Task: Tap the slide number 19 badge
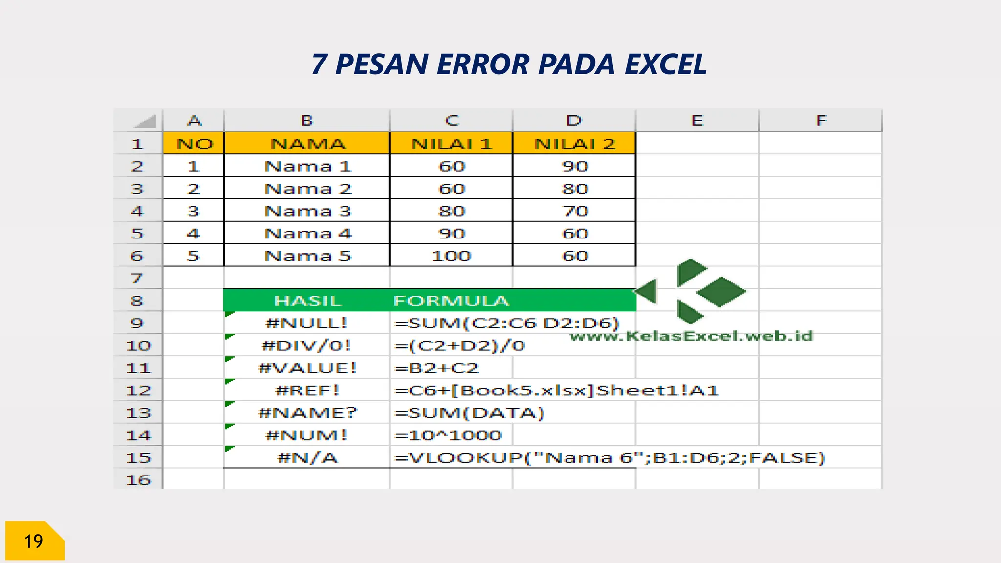point(34,541)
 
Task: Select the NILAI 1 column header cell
point(451,144)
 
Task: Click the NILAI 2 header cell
point(574,144)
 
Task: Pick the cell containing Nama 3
point(307,211)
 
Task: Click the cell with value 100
point(451,256)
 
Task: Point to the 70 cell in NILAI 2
point(575,211)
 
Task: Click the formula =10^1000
point(448,435)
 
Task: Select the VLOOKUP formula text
point(609,458)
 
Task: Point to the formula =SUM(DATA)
point(469,413)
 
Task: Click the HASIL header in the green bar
point(307,301)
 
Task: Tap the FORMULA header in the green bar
point(451,301)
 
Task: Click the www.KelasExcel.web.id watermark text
point(691,336)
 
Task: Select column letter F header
point(821,121)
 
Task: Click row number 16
point(138,480)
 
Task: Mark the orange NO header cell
point(194,144)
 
